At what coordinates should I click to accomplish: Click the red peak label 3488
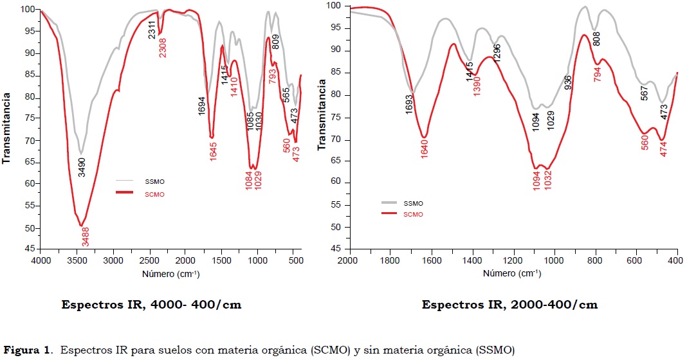tap(86, 239)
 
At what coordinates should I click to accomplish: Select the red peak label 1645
tap(212, 152)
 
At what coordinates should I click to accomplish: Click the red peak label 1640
tap(425, 148)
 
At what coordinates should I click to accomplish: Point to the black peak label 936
tap(568, 83)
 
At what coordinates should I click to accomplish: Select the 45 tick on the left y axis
tap(28, 249)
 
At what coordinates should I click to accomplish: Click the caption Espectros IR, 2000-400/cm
tap(509, 305)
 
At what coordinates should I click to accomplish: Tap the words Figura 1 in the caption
tap(25, 350)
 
